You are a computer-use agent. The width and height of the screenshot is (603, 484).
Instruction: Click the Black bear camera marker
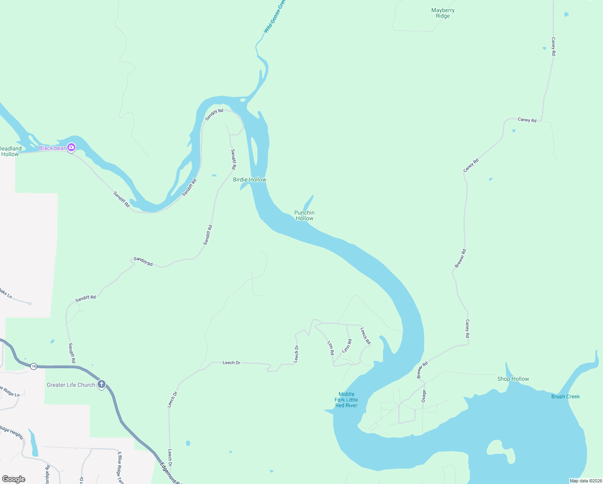tap(71, 148)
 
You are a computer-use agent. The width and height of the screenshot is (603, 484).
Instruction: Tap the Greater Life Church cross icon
tap(101, 384)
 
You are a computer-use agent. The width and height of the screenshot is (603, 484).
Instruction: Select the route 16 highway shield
tap(34, 366)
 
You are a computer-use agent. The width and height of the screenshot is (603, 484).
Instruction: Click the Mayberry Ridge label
tap(443, 13)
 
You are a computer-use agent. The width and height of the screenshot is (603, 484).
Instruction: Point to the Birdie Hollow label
tap(250, 179)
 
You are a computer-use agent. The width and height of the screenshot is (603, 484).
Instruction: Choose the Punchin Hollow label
tap(304, 215)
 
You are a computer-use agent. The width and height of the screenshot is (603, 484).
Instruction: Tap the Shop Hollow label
tap(513, 379)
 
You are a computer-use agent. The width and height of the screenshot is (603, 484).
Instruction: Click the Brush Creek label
tap(565, 396)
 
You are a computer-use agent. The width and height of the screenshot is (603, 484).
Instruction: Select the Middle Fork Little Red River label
tap(346, 400)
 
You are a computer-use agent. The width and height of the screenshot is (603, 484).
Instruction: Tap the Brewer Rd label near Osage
tap(422, 370)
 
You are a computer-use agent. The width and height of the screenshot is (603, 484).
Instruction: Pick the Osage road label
tap(424, 396)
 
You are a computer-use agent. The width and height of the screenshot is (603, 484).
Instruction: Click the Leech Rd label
tap(366, 336)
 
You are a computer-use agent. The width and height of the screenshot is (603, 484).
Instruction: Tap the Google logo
tap(13, 479)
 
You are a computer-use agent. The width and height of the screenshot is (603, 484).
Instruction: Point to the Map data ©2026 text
tap(585, 481)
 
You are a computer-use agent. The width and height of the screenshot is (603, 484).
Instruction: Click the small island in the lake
tap(501, 451)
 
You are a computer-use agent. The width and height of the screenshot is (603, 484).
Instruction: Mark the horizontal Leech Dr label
tap(231, 363)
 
